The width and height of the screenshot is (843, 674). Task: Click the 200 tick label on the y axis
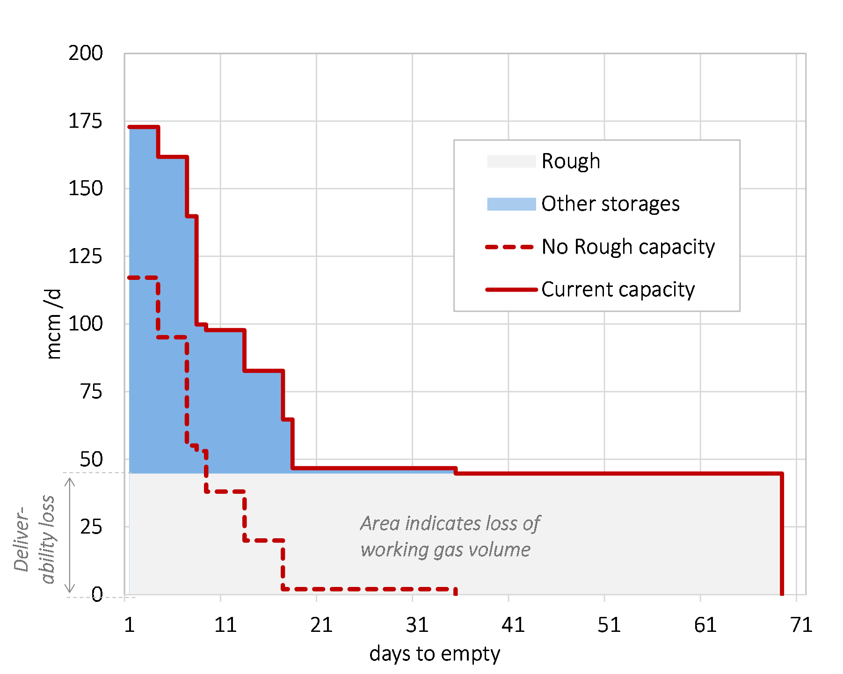[x=86, y=53]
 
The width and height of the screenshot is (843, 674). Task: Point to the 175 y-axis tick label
[x=86, y=121]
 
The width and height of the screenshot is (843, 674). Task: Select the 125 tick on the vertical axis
[x=86, y=256]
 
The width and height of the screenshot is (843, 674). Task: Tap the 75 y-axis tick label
[x=91, y=391]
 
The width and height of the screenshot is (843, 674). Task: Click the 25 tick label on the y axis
[x=91, y=527]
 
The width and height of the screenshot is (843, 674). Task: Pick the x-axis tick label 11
[x=225, y=625]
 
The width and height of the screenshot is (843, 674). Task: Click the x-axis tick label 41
[x=513, y=625]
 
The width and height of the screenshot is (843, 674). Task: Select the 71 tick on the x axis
[x=801, y=625]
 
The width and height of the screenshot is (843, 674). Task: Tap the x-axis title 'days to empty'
[x=435, y=653]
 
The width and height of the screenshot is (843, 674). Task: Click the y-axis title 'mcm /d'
[x=54, y=324]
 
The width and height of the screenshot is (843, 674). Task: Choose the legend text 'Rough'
[x=571, y=161]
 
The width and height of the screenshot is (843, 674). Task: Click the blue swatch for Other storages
[x=511, y=204]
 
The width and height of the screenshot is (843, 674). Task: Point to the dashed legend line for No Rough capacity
[x=510, y=247]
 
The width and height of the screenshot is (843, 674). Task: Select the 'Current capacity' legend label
[x=618, y=289]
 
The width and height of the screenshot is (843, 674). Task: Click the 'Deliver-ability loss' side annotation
[x=35, y=538]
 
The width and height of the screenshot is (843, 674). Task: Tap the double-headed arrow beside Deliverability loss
[x=70, y=535]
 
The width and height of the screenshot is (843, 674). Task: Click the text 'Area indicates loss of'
[x=450, y=523]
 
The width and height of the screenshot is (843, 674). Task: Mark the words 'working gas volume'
[x=445, y=549]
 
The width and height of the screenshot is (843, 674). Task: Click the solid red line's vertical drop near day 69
[x=782, y=534]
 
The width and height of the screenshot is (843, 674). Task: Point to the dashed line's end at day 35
[x=455, y=591]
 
